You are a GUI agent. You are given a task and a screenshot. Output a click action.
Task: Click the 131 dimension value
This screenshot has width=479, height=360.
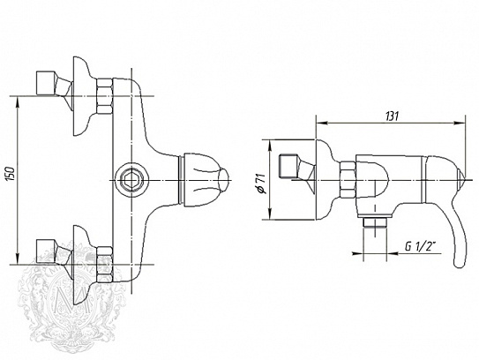pyautogui.click(x=393, y=116)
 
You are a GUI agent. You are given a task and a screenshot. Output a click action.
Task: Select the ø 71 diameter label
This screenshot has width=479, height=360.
pyautogui.click(x=261, y=184)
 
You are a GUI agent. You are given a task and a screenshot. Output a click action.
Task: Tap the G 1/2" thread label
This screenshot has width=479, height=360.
pyautogui.click(x=420, y=247)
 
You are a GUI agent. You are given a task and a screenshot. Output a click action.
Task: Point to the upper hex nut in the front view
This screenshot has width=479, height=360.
pyautogui.click(x=104, y=96)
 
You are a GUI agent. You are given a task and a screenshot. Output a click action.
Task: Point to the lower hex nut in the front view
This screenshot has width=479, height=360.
pyautogui.click(x=104, y=265)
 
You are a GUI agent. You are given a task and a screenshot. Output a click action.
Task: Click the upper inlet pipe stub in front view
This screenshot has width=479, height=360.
pyautogui.click(x=46, y=83)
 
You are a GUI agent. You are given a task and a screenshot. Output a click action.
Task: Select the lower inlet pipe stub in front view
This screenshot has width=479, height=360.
pyautogui.click(x=46, y=251)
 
